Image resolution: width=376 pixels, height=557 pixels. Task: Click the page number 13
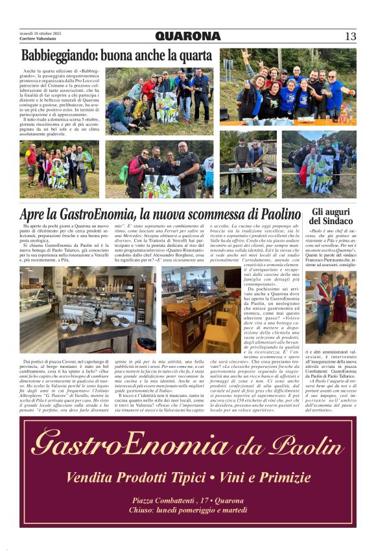click(x=350, y=36)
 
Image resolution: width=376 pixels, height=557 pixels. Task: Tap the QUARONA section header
click(x=188, y=36)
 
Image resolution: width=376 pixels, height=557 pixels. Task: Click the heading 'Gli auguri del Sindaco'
click(x=335, y=216)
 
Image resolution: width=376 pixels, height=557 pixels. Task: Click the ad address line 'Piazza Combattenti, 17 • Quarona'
click(x=188, y=500)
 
